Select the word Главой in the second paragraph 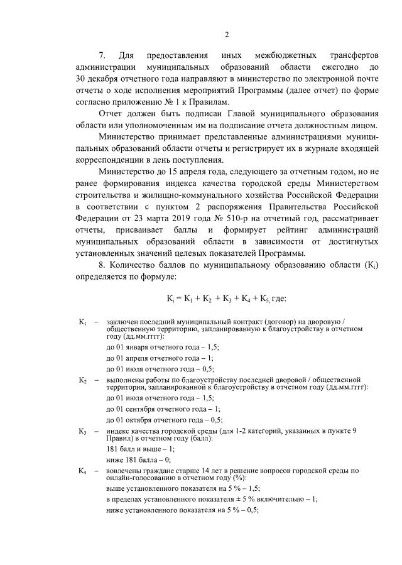[x=269, y=114]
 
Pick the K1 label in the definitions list [x=82, y=322]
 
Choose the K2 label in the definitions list [x=82, y=380]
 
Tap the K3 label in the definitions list [x=82, y=431]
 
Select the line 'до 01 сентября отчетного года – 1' [x=166, y=409]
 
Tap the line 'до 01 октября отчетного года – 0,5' [x=165, y=420]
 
